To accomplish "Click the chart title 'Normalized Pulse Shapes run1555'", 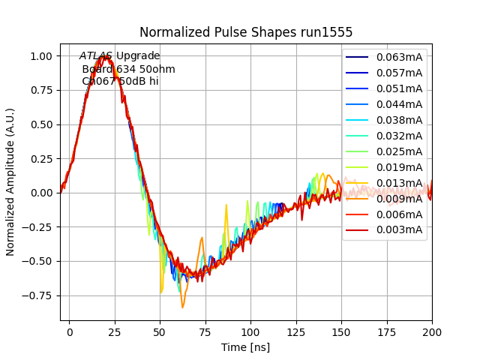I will pos(246,32).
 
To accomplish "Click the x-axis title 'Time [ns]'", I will pos(246,347).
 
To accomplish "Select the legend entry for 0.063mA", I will pos(399,57).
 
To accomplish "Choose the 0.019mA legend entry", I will pos(399,167).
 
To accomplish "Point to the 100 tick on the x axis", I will pos(250,331).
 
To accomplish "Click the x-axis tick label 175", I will pos(386,331).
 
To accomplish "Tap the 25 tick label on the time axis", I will pos(115,331).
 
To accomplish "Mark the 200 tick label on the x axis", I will pos(432,331).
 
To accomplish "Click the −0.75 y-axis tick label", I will pos(39,295).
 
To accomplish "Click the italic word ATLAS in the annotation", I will pos(96,56).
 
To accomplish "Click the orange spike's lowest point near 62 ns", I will pos(182,307).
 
